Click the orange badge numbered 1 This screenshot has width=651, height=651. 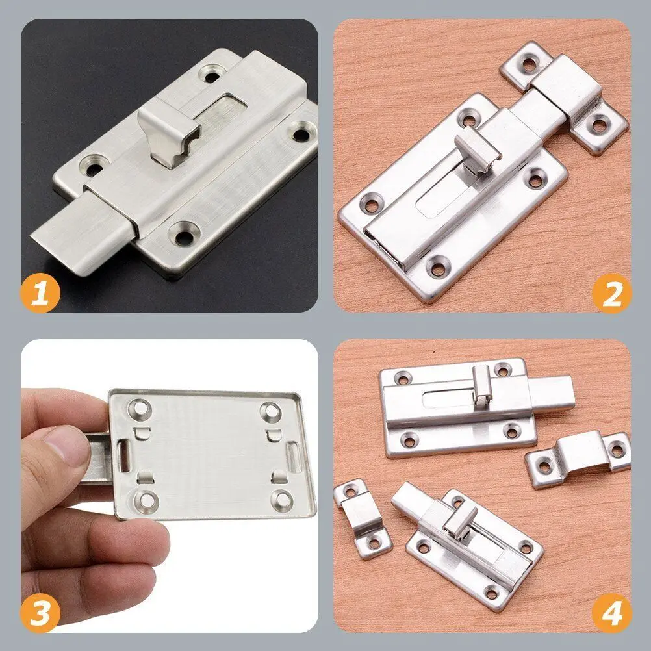pos(40,293)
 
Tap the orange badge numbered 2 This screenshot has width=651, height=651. pos(611,293)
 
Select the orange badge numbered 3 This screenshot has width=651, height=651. pos(40,613)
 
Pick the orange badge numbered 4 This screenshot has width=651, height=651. pos(611,613)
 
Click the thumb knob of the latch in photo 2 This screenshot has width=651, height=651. pos(478,150)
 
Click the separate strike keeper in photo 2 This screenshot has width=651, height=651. pos(565,97)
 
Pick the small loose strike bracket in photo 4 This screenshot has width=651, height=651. pos(362,518)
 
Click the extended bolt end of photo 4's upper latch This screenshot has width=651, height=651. pos(552,394)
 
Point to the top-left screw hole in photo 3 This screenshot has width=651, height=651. pos(140,409)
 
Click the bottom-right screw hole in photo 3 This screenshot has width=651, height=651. pos(283,500)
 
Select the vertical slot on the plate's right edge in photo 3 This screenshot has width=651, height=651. pos(293,457)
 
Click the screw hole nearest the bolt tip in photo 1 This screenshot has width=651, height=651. pos(184,234)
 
